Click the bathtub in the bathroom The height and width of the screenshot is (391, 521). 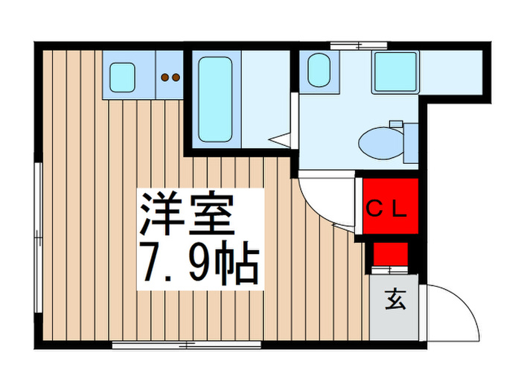(x=217, y=99)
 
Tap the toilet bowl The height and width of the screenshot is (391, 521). (x=377, y=140)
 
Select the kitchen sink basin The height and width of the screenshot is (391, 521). (x=122, y=75)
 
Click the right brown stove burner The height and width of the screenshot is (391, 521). (x=176, y=76)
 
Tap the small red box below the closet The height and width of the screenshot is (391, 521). (x=389, y=254)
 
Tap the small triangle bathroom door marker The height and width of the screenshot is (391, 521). (x=280, y=139)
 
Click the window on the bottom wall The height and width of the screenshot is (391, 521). (x=186, y=345)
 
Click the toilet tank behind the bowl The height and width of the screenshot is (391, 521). (x=409, y=142)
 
